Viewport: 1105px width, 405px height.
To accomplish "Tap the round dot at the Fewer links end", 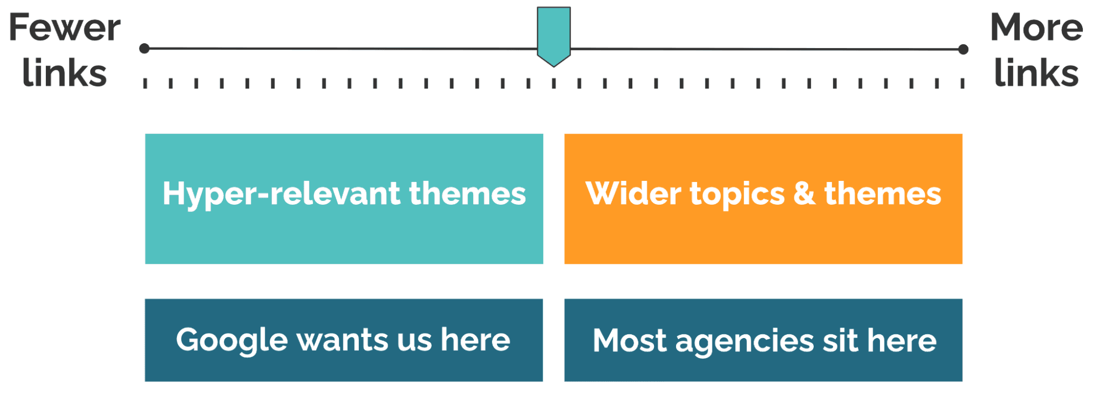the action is point(145,49).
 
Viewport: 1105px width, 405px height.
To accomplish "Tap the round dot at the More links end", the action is point(963,49).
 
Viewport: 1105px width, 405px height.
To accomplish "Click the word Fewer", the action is point(65,28).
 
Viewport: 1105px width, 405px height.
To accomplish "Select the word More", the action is point(1036,28).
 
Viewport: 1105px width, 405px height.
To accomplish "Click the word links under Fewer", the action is point(65,72).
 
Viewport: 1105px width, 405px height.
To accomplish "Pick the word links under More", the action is point(1036,72).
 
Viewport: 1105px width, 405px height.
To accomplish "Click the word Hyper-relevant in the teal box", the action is point(281,195).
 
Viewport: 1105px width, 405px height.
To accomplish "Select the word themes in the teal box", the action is point(468,194).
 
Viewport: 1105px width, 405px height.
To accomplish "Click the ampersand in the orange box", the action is point(804,194).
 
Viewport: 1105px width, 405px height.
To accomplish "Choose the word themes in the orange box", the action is point(883,194).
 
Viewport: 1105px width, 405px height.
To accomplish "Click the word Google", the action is point(232,341).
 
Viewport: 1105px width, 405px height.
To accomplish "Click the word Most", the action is point(629,340).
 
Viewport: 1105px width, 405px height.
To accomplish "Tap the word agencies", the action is point(744,343).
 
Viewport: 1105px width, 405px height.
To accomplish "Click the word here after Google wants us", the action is point(475,339).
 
